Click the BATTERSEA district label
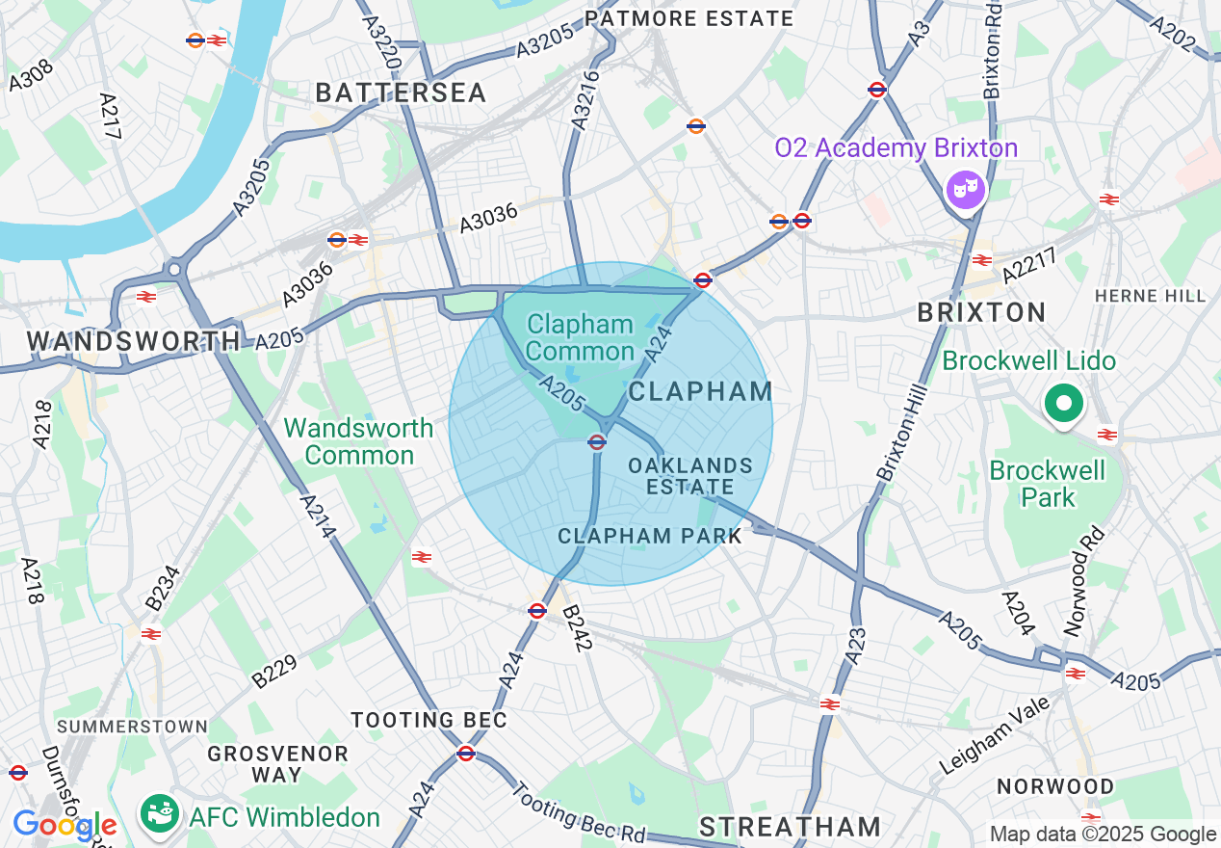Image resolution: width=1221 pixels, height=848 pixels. (401, 93)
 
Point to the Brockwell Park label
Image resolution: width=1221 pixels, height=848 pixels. (1048, 484)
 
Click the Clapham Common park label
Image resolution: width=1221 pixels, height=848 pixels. (580, 337)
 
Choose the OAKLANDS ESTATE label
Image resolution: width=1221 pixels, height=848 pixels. (689, 476)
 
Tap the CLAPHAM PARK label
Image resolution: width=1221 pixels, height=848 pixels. (650, 536)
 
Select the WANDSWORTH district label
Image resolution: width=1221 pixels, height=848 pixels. (133, 340)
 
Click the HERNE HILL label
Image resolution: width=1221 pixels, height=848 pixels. (1150, 296)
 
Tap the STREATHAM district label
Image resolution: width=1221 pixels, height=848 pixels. (790, 826)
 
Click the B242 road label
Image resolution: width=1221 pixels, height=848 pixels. (575, 628)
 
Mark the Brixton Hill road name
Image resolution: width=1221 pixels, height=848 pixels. (901, 433)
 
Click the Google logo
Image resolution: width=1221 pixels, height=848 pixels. (64, 826)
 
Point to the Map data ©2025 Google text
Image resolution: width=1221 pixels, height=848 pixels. (1104, 834)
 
